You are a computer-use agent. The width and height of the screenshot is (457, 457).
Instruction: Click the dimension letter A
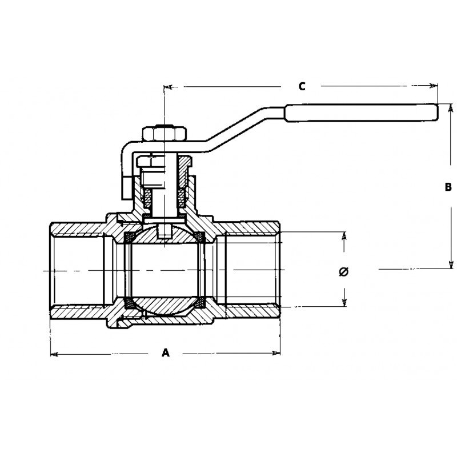pyautogui.click(x=166, y=353)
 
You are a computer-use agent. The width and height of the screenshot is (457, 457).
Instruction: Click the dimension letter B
pyautogui.click(x=448, y=187)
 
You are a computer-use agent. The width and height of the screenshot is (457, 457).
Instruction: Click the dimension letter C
pyautogui.click(x=302, y=86)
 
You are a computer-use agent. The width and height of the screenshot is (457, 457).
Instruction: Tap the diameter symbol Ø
pyautogui.click(x=343, y=271)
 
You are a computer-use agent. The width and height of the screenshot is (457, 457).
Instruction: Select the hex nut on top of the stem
pyautogui.click(x=164, y=134)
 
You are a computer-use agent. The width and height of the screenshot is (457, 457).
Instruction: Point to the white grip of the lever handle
pyautogui.click(x=361, y=113)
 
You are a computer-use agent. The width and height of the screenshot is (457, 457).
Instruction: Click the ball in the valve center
pyautogui.click(x=164, y=269)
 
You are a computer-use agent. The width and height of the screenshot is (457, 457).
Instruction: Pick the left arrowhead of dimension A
pyautogui.click(x=54, y=355)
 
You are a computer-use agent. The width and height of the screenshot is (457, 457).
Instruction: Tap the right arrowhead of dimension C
pyautogui.click(x=434, y=86)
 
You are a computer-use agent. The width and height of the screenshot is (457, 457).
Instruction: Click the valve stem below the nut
pyautogui.click(x=164, y=189)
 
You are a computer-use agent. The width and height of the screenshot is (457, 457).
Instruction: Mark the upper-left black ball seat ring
pyautogui.click(x=130, y=235)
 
